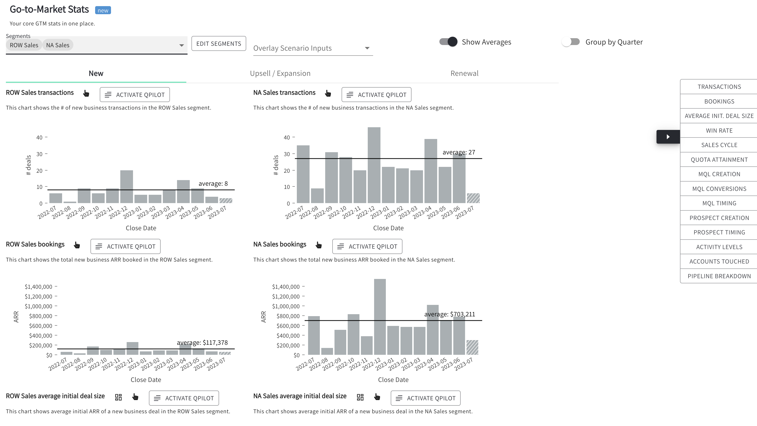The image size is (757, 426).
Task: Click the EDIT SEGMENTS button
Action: pos(219,44)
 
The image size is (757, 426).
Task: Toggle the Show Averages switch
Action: pos(448,42)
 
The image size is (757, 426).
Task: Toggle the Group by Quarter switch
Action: pos(571,42)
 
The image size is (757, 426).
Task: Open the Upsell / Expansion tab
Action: pos(280,73)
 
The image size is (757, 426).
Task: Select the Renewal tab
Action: pos(464,73)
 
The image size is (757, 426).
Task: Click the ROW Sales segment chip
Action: pos(24,45)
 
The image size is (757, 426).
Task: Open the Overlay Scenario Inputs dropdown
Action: pos(313,48)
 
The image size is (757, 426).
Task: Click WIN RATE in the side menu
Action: pos(719,130)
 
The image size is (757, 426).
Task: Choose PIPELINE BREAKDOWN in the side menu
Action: pos(719,276)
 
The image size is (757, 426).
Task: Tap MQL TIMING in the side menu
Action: pos(719,203)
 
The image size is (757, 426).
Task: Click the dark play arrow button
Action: pos(668,137)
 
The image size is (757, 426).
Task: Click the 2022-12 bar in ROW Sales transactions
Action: pos(126,187)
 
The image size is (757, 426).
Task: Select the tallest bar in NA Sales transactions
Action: pos(374,165)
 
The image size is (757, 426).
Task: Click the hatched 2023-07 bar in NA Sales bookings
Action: pos(472,347)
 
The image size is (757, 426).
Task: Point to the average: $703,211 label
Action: pos(449,314)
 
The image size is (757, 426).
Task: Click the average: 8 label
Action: pos(213,184)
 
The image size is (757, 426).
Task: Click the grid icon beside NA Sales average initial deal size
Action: pos(360,397)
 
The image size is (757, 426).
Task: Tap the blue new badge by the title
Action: pos(103,10)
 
